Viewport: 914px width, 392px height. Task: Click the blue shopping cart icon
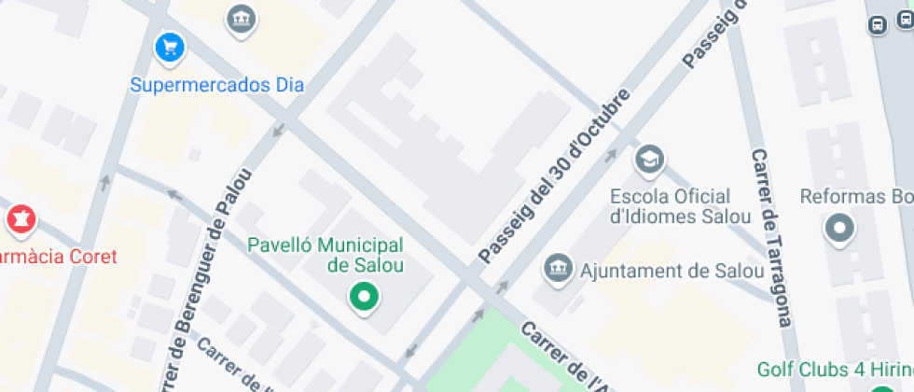(x=169, y=46)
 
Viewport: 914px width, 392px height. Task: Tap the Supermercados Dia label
(x=216, y=85)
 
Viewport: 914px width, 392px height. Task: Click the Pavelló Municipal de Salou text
(x=325, y=255)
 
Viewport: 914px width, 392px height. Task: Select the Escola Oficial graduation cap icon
(x=648, y=161)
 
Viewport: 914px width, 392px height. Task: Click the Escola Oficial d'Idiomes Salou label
(x=680, y=207)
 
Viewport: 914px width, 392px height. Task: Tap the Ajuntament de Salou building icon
(x=558, y=269)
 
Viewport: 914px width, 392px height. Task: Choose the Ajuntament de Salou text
(x=672, y=271)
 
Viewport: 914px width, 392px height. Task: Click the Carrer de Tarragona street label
(x=773, y=237)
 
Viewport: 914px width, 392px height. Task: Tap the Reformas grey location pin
(x=839, y=228)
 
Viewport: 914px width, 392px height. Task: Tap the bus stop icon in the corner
(x=878, y=25)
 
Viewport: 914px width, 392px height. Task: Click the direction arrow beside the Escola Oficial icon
(x=611, y=155)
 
